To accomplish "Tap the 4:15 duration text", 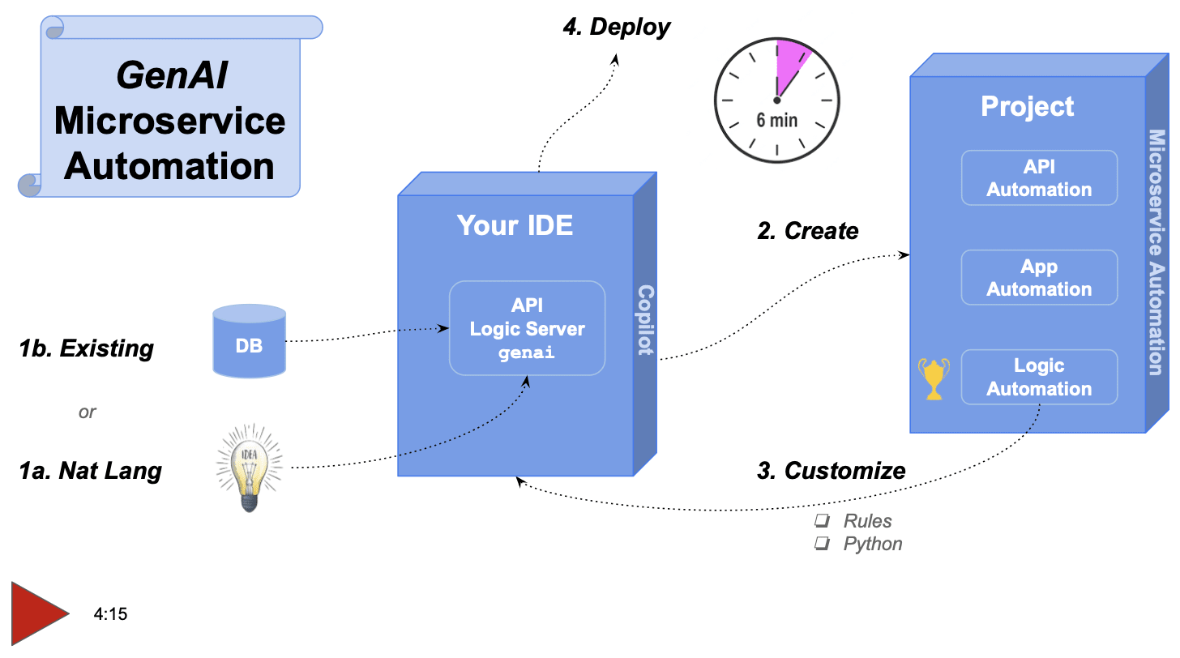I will tap(110, 614).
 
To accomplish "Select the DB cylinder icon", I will tap(249, 342).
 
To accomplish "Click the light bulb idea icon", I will tap(250, 468).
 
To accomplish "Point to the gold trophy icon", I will tap(933, 379).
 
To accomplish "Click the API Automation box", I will tap(1039, 178).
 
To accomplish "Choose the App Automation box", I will tap(1039, 278).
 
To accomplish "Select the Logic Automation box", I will tap(1039, 378).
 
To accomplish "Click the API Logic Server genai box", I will tap(527, 328).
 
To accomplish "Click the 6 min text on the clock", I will tap(776, 121).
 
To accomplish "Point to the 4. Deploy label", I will tap(617, 27).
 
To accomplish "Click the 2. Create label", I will tap(807, 231).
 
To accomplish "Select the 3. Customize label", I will tap(831, 470).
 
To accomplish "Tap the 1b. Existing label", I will tap(86, 348).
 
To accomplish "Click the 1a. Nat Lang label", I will tap(90, 471).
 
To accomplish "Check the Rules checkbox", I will tap(822, 521).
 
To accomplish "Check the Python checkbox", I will tap(822, 544).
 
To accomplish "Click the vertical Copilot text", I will tap(645, 321).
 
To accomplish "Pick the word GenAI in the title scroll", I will tap(172, 76).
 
